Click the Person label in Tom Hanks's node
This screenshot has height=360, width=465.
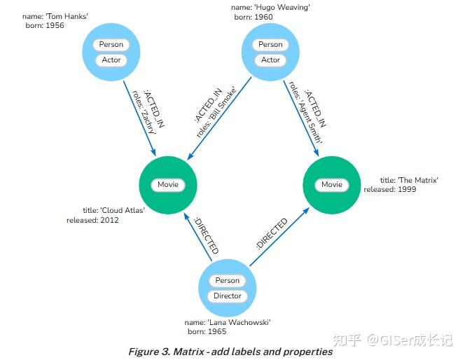pos(111,45)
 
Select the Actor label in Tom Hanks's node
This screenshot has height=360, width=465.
pos(111,60)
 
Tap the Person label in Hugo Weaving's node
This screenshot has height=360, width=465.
pos(270,45)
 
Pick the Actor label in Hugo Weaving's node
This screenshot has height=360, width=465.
pos(270,60)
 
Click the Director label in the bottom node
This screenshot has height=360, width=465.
pos(228,296)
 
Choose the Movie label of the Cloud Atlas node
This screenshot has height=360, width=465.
pos(168,185)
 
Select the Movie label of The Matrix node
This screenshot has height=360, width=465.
pos(332,185)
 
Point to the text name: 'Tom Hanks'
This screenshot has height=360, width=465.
pos(55,15)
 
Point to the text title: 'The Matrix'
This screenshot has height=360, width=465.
pos(409,180)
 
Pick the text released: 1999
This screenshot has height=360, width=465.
pos(391,189)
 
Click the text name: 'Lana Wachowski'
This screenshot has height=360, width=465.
pos(230,322)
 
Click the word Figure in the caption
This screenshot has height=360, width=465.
pos(144,351)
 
